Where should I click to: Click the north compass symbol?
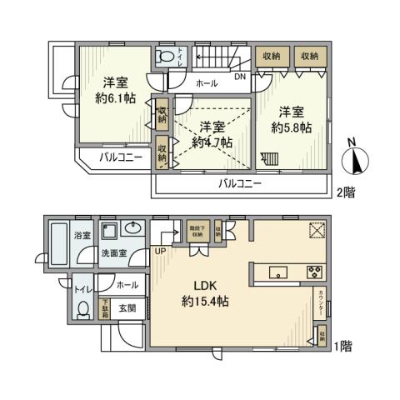pos(353,159)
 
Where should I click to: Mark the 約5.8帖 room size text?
pos(292,120)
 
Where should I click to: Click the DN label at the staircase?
pos(239,78)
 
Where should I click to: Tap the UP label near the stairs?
pos(159,251)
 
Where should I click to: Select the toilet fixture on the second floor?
pos(167,57)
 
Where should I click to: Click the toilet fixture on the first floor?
pos(82,308)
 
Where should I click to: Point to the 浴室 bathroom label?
pos(81,237)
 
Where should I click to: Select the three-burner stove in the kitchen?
pos(315,271)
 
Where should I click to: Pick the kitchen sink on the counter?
pos(278,271)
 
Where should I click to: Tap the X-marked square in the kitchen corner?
pos(316,231)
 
